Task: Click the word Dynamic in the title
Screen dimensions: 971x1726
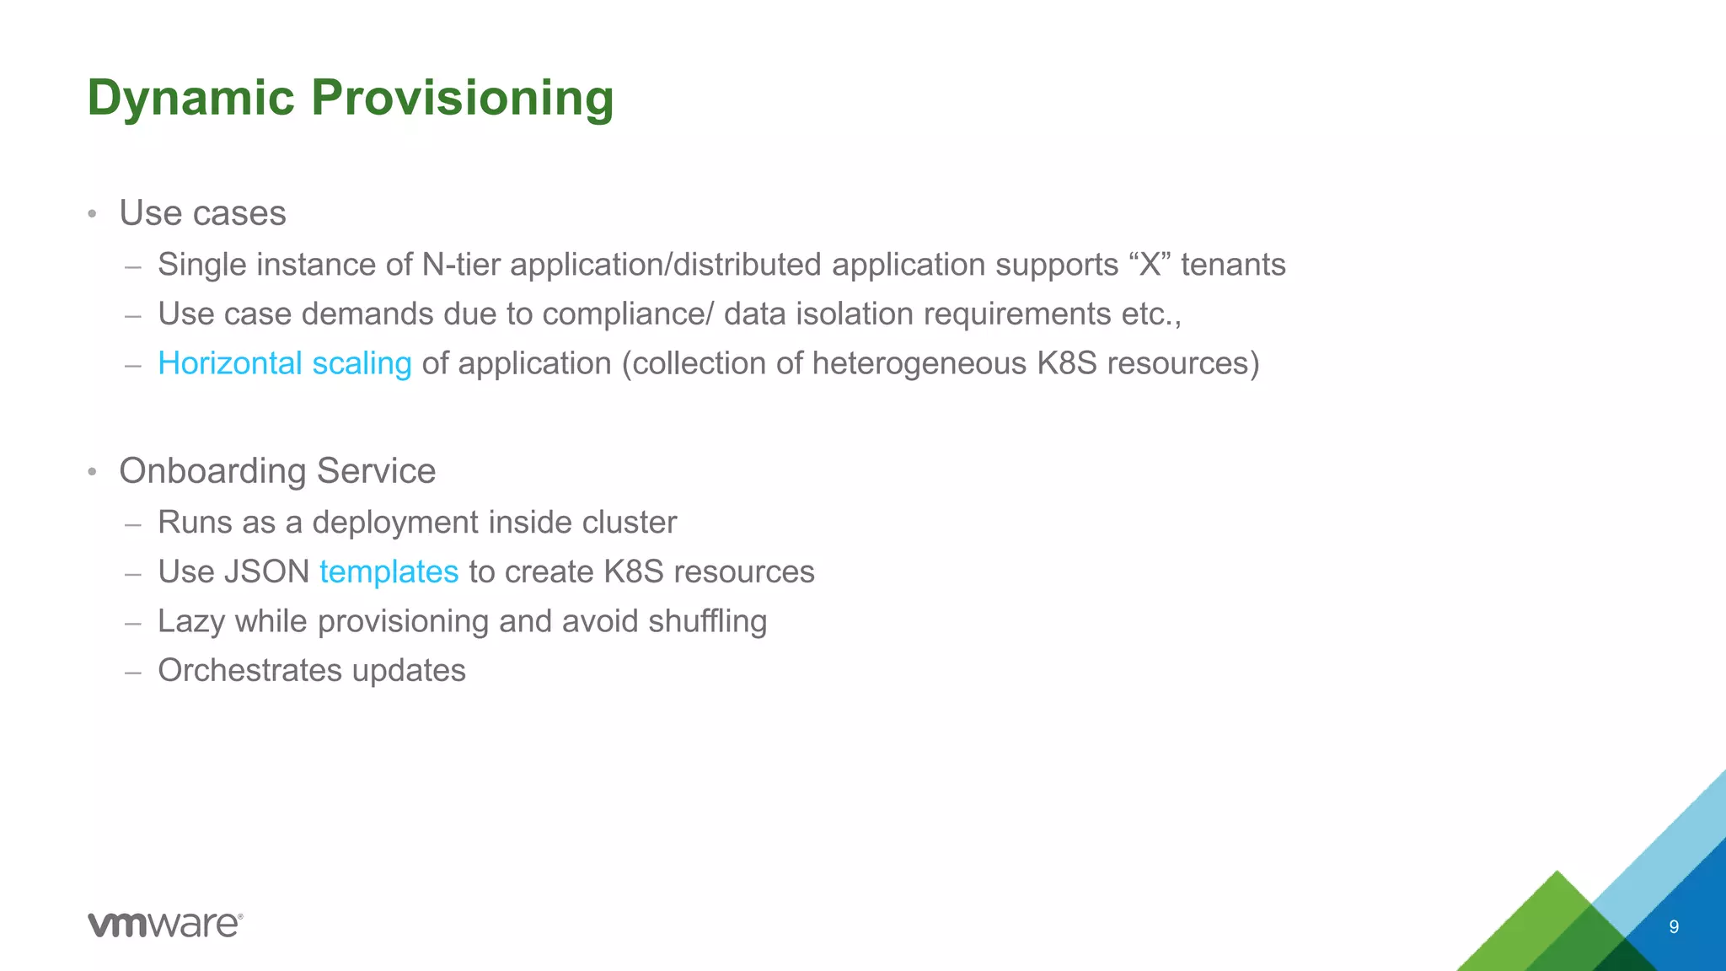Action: (190, 99)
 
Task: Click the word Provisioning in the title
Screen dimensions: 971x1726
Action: (462, 99)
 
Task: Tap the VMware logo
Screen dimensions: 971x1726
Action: (165, 924)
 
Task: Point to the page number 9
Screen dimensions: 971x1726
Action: (1674, 927)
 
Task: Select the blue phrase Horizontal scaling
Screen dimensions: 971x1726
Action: (284, 363)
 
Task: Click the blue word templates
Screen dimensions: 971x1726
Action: (389, 571)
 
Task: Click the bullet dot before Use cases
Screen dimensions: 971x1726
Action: (93, 214)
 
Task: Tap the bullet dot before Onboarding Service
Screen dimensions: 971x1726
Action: (93, 472)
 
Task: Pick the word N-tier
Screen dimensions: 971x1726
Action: (461, 265)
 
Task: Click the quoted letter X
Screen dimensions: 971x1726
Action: (1150, 265)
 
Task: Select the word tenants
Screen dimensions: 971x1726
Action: (1232, 265)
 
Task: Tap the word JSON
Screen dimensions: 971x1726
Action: (267, 571)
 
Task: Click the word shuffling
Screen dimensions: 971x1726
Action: (707, 621)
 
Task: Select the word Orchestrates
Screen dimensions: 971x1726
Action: (249, 671)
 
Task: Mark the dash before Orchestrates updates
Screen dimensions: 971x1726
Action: (132, 673)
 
